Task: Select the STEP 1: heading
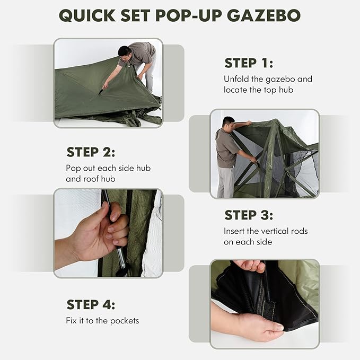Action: tap(248, 63)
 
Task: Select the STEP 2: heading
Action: tap(91, 152)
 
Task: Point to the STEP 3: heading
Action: tap(249, 215)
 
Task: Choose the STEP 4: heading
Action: tap(91, 304)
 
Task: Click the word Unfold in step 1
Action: tap(236, 79)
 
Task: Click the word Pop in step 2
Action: tap(74, 168)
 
